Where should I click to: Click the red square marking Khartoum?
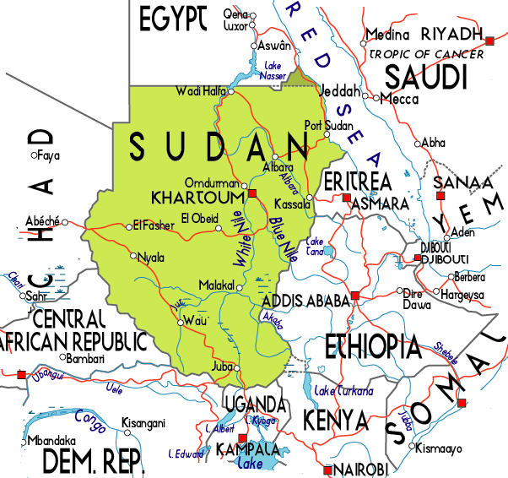251,194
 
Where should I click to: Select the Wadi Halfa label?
197,90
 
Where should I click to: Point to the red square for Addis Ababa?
355,295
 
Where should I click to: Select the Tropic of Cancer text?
426,54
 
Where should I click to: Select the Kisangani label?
143,423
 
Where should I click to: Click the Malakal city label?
214,285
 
